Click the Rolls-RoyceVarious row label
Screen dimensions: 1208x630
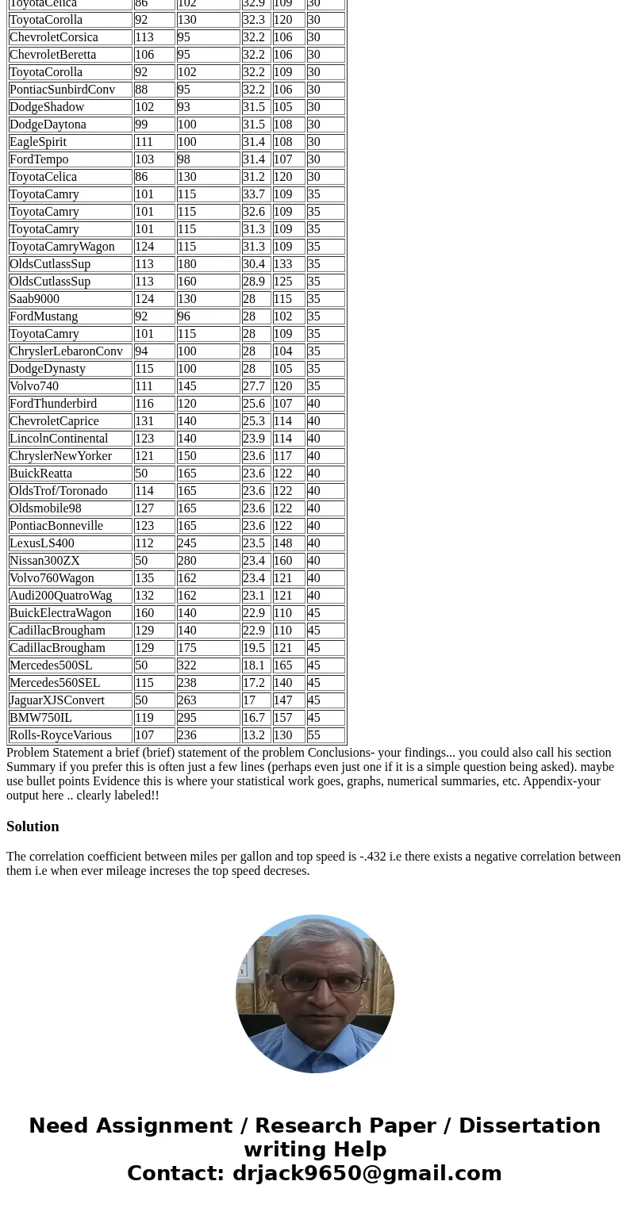(60, 735)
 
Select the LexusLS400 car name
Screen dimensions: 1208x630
(42, 543)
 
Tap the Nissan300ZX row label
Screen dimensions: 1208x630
(44, 561)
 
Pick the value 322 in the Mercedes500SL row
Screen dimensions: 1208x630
(187, 665)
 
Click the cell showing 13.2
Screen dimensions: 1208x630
(254, 735)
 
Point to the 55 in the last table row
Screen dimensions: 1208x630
(314, 735)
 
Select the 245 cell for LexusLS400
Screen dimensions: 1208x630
(187, 543)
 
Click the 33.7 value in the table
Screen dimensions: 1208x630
(254, 194)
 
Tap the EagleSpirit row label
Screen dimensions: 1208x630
(38, 142)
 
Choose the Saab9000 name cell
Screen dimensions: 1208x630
(34, 299)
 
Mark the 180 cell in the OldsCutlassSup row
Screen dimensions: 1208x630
(187, 264)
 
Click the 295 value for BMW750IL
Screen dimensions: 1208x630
(187, 718)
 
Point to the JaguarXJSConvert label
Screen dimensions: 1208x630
(57, 700)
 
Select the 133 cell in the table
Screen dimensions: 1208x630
(283, 264)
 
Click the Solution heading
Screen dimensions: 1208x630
(33, 826)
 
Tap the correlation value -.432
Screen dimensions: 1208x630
(372, 857)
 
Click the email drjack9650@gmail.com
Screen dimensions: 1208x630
(367, 1173)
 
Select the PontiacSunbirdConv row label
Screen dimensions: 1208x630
(63, 90)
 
